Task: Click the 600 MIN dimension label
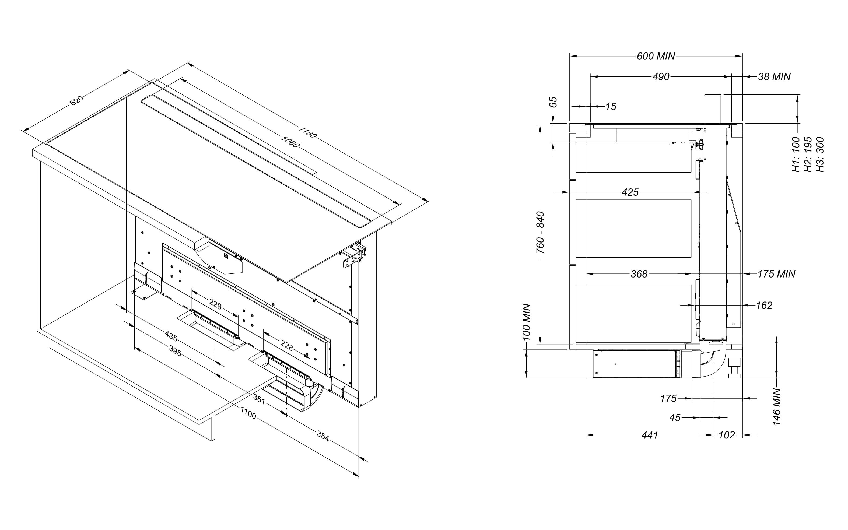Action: [x=655, y=56]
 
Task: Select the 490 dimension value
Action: [x=661, y=76]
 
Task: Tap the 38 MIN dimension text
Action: [x=774, y=76]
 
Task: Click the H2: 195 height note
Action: [x=808, y=154]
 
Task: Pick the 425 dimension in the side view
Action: [x=630, y=192]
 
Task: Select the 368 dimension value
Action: [x=639, y=274]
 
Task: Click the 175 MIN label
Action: [x=776, y=274]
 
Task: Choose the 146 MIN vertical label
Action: [x=777, y=407]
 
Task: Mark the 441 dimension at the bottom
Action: [x=650, y=435]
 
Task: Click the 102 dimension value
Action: [x=727, y=435]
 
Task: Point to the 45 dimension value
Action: [x=675, y=417]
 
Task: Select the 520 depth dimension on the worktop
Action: [x=76, y=100]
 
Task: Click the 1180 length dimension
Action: [x=307, y=132]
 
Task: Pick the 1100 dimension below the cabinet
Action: [x=248, y=414]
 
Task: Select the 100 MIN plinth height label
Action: [x=526, y=322]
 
